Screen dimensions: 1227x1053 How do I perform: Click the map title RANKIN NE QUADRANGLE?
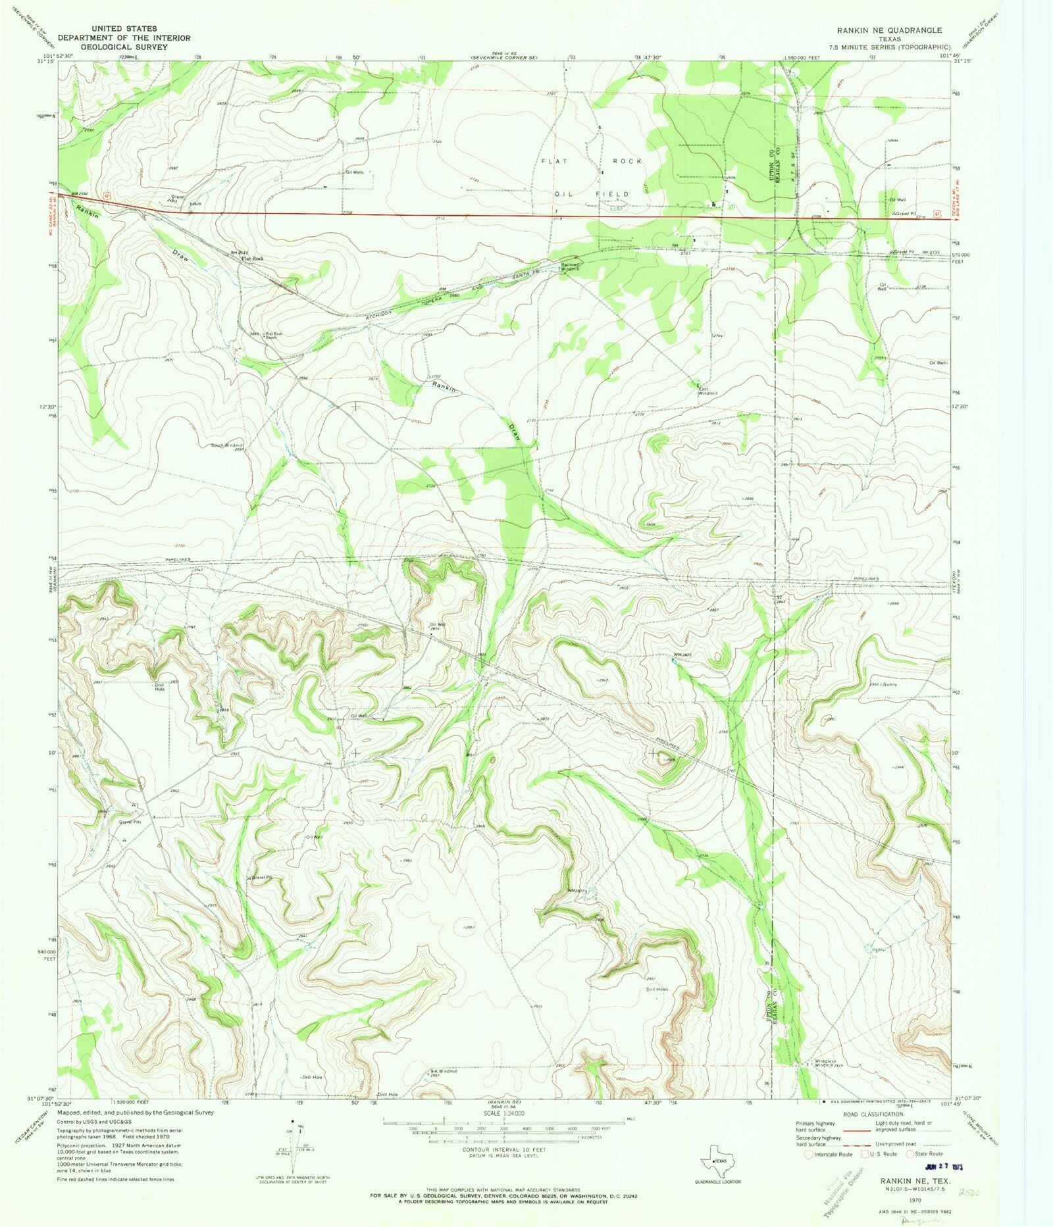[888, 30]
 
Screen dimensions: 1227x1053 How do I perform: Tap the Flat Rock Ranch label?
[273, 336]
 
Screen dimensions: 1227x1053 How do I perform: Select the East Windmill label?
[707, 391]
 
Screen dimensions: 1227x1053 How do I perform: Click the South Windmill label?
[227, 445]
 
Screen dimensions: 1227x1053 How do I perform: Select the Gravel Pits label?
[130, 822]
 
